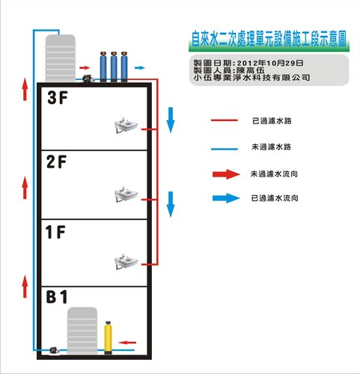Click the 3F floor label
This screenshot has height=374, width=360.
tap(58, 97)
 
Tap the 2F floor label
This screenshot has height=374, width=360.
tap(57, 162)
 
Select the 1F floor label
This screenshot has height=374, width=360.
tap(55, 232)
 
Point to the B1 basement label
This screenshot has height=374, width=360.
tap(57, 296)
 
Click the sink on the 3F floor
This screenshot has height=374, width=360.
tap(126, 126)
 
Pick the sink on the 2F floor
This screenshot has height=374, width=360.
tap(126, 194)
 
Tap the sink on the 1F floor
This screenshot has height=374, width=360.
tap(126, 262)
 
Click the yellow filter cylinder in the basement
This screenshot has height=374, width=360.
tap(108, 338)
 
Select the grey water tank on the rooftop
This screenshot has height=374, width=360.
tap(60, 58)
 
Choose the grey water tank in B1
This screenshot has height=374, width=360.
tap(82, 331)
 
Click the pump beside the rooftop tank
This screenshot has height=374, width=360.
tap(88, 79)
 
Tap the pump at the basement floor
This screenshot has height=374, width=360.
tap(55, 351)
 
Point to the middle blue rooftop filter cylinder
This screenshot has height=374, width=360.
tap(114, 67)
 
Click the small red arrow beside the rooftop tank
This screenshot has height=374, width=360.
tap(85, 67)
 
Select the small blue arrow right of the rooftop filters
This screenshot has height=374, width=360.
tap(140, 67)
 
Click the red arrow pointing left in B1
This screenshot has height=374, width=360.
tap(127, 343)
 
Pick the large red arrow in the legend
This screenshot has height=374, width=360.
tap(226, 174)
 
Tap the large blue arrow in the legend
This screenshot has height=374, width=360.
tap(226, 198)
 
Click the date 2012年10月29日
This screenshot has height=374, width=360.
tap(270, 63)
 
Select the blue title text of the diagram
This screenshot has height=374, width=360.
tap(269, 39)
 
